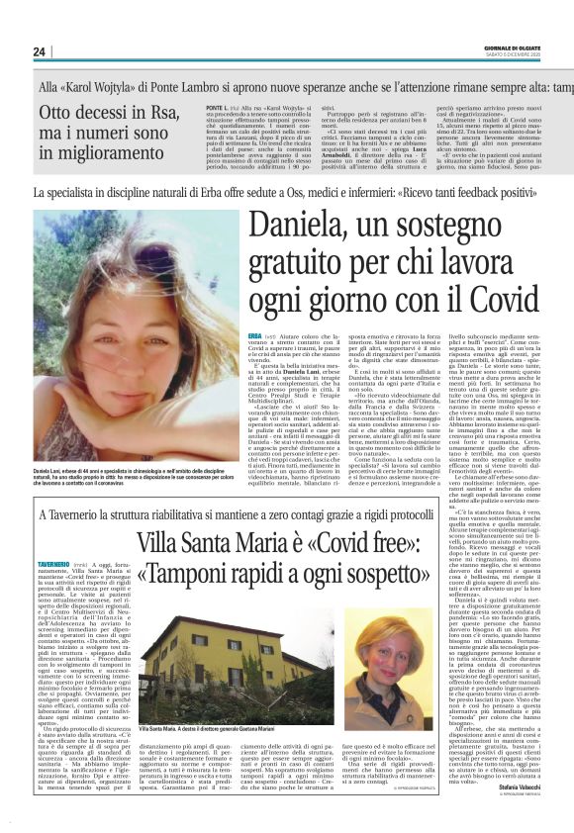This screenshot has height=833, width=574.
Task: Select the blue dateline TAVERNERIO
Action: pyautogui.click(x=58, y=589)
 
